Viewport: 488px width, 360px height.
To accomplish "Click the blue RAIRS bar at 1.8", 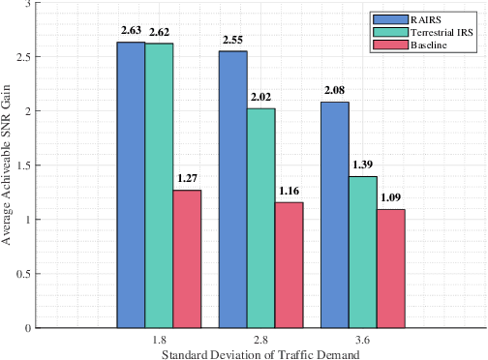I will point(131,185).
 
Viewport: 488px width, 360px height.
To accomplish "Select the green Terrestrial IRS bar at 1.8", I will point(159,186).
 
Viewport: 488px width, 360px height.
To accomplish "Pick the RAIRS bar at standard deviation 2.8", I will point(232,190).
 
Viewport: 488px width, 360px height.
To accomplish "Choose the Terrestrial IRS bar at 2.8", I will point(260,218).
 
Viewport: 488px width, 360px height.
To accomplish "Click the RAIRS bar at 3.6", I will point(334,215).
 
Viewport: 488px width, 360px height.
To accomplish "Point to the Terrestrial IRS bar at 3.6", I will point(362,252).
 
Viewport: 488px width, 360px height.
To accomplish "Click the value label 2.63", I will point(131,31).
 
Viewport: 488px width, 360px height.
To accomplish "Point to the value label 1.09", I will point(391,197).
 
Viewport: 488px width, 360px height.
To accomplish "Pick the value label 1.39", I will point(363,165).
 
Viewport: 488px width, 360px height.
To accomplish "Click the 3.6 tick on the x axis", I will point(362,341).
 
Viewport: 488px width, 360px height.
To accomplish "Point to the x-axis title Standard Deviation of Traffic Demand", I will point(260,353).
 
